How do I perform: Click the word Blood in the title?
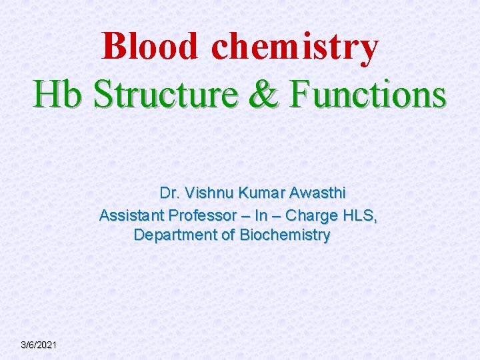(151, 47)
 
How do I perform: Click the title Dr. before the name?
(170, 193)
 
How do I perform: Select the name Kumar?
(263, 193)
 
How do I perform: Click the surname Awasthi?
(318, 193)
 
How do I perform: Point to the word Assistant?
(131, 215)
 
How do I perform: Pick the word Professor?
(202, 215)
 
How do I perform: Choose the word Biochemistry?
(285, 235)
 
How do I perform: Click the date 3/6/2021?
(39, 345)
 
